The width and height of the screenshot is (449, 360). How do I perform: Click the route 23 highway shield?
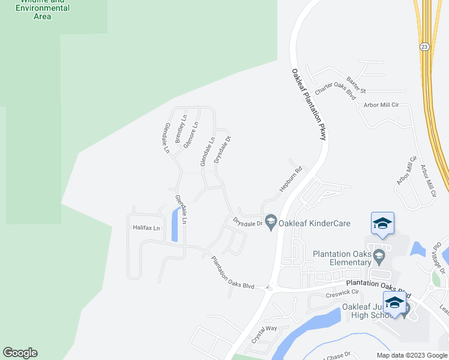click(424, 46)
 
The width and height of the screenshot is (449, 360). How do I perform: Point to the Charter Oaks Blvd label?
click(336, 91)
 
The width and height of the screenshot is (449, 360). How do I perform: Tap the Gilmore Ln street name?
click(190, 135)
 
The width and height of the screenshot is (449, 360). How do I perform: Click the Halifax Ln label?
click(147, 228)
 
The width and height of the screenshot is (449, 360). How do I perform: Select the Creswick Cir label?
click(342, 293)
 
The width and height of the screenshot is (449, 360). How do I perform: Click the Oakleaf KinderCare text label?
click(315, 223)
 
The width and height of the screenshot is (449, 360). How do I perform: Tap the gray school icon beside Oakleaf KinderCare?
click(271, 223)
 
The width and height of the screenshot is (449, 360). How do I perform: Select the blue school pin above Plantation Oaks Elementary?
click(382, 224)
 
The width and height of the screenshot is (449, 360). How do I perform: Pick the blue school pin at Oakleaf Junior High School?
click(394, 302)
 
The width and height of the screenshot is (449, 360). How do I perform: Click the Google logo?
click(20, 353)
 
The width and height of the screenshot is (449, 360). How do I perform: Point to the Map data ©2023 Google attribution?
click(411, 355)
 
